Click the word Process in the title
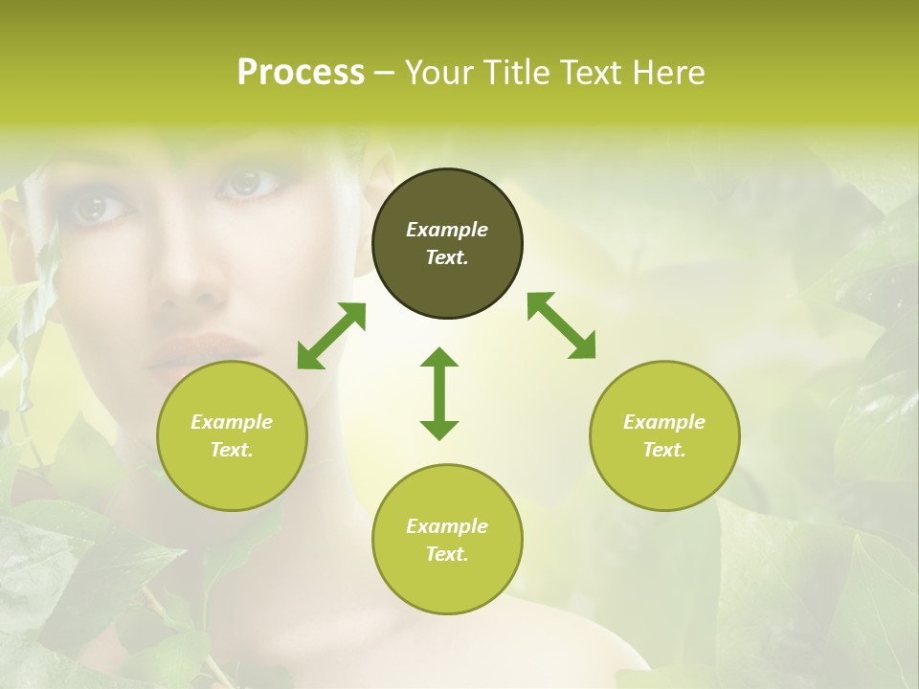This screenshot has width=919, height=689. point(301,73)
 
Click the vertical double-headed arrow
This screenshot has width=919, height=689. point(439,393)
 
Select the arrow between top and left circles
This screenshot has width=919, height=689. point(331,336)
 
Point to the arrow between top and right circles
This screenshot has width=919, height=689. point(561,325)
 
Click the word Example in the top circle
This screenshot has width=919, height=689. point(447,230)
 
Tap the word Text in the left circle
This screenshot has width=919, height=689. point(232,450)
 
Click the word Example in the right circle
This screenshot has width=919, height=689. point(664,422)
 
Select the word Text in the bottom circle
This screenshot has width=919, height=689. point(447,554)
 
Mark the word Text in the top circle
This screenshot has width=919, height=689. point(447,257)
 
